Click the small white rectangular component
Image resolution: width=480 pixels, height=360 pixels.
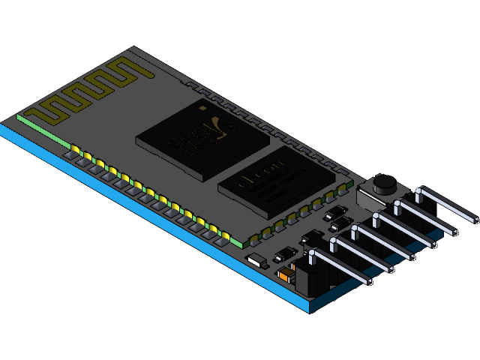(x=256, y=260)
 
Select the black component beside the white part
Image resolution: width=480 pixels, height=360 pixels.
(x=284, y=254)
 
